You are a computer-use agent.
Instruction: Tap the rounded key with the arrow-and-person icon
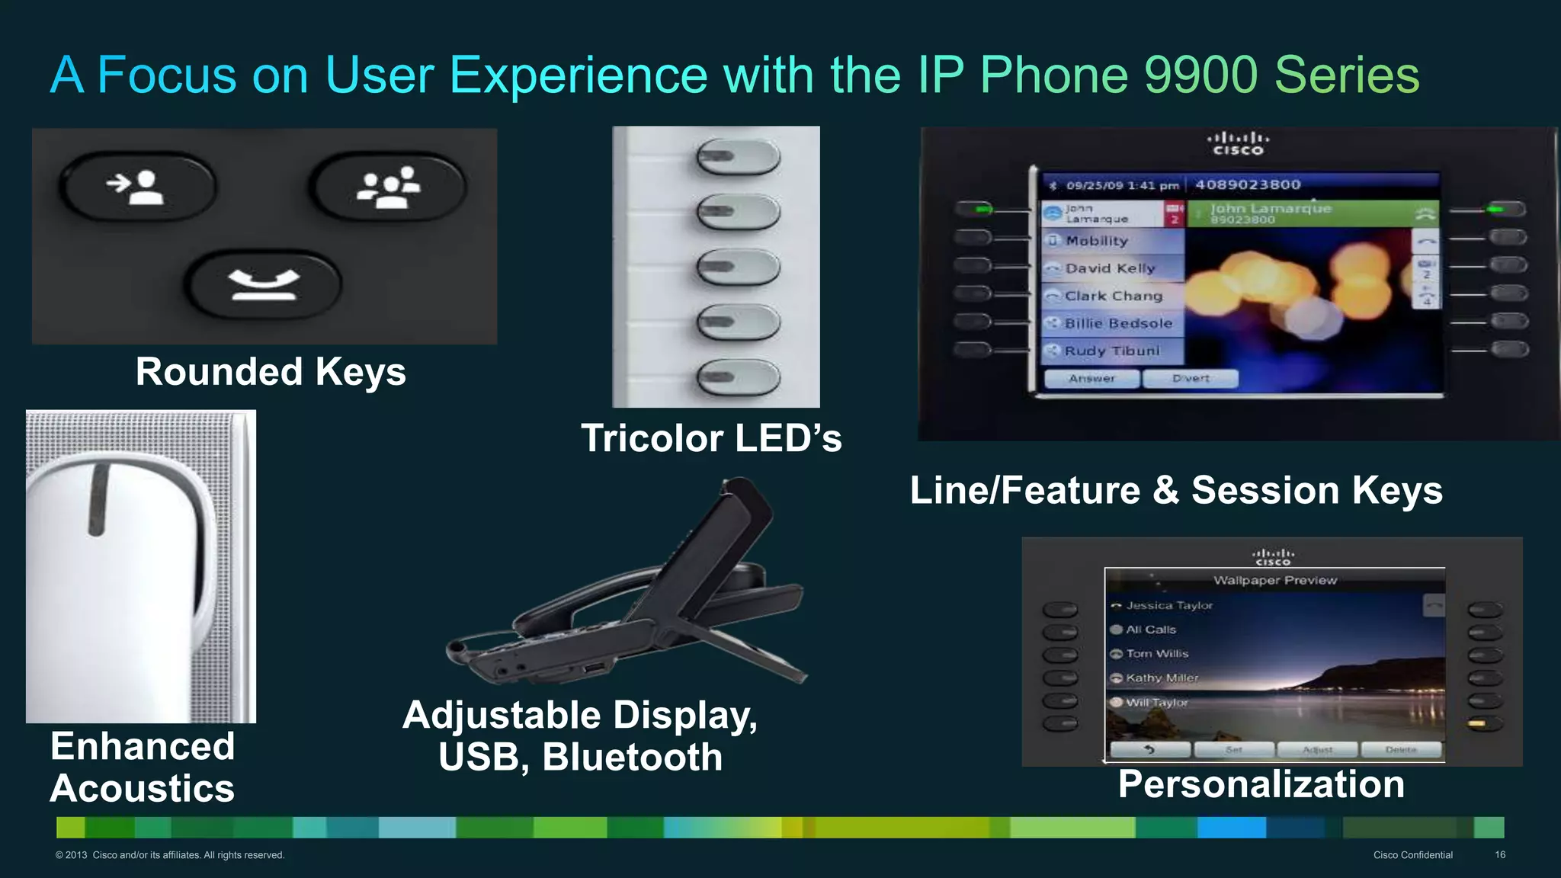pos(137,186)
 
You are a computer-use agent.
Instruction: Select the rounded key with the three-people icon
pos(388,186)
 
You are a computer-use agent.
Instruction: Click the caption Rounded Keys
pos(271,372)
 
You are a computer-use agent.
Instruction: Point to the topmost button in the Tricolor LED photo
pos(738,157)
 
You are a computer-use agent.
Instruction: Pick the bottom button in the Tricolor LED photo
pos(738,376)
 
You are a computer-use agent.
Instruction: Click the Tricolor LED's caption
pos(711,438)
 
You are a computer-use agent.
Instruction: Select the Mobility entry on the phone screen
pos(1097,241)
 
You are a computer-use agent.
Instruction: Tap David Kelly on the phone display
pos(1110,268)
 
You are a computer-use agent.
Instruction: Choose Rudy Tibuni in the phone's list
pos(1112,351)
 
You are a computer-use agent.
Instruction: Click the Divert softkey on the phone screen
pos(1191,378)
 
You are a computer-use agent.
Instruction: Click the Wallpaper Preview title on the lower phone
pos(1275,580)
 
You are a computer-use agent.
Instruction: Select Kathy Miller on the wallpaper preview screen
pos(1162,678)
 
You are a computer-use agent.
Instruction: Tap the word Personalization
pos(1261,784)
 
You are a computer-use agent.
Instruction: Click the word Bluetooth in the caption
pos(633,757)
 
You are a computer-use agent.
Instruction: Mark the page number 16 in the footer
pos(1500,855)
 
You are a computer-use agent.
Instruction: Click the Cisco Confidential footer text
pos(1413,855)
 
